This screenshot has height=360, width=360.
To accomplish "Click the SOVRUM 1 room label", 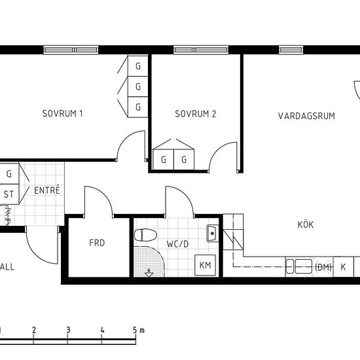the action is [x=62, y=114].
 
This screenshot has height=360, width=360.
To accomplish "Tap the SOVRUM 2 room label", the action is [x=196, y=114].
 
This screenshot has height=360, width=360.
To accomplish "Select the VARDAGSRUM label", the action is [x=306, y=116].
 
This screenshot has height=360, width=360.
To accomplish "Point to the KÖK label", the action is [x=306, y=224].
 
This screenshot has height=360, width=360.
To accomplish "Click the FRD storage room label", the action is [x=97, y=243].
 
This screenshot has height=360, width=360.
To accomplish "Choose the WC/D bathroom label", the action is [x=177, y=244].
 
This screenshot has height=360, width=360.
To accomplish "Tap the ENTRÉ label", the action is [x=47, y=190].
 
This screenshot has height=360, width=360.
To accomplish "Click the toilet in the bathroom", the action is [x=145, y=235].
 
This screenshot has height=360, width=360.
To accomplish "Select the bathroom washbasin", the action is [x=212, y=234].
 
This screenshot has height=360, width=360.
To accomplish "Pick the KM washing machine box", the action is [x=205, y=265].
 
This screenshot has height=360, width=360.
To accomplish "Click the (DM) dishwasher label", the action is [x=323, y=267].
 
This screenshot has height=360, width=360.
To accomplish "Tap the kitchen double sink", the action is [x=299, y=266].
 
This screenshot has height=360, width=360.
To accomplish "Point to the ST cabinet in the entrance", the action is [x=9, y=194].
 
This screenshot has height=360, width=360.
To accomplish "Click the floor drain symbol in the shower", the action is [x=149, y=273].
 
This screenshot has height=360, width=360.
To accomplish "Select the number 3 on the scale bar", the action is [x=68, y=330].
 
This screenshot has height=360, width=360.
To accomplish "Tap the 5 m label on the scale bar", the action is [x=139, y=330].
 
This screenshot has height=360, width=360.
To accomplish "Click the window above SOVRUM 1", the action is [x=71, y=50].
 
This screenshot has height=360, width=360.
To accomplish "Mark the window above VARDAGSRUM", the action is [x=291, y=50].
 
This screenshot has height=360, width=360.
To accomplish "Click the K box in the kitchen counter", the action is [x=343, y=267].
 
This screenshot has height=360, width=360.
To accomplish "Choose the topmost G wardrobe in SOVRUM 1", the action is [x=138, y=66].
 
